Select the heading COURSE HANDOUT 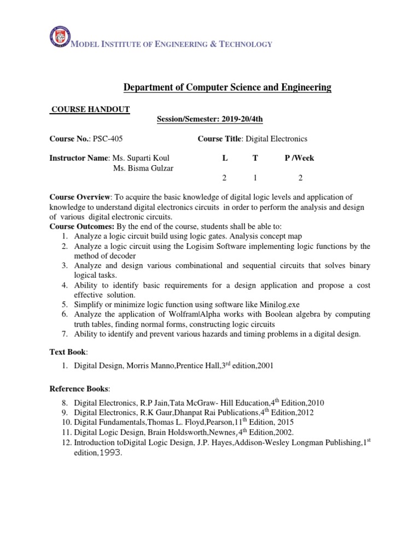(90, 109)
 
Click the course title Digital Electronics (276, 139)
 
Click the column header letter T (255, 158)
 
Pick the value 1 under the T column (255, 178)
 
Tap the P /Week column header (299, 158)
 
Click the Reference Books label (79, 389)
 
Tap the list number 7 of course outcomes (63, 334)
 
